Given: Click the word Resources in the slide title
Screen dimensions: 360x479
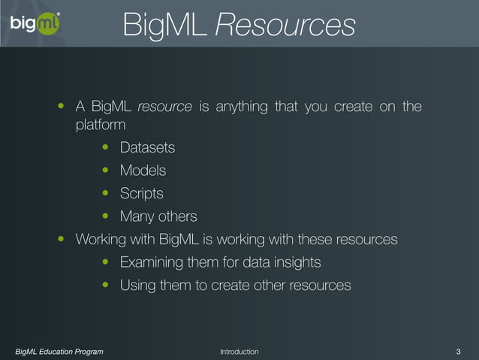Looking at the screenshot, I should (x=285, y=25).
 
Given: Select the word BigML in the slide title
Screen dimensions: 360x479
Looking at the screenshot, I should (x=165, y=25).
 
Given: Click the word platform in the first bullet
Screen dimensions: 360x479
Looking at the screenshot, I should (x=101, y=126).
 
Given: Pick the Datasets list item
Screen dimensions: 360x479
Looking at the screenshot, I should (x=147, y=148).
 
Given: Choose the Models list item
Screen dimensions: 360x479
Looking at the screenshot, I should (x=143, y=171).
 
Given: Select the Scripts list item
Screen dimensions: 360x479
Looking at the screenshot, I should (x=141, y=194).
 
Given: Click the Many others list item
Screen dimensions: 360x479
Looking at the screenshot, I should (x=158, y=216).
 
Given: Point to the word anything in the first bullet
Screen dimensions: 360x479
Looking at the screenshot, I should (x=241, y=107).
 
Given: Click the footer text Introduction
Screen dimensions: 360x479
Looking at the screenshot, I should (x=239, y=352).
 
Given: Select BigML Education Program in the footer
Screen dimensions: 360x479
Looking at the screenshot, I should (x=60, y=352).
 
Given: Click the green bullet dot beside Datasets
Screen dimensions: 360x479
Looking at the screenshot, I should (x=106, y=148).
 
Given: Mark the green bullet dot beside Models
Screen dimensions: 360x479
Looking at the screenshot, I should (x=106, y=171).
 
